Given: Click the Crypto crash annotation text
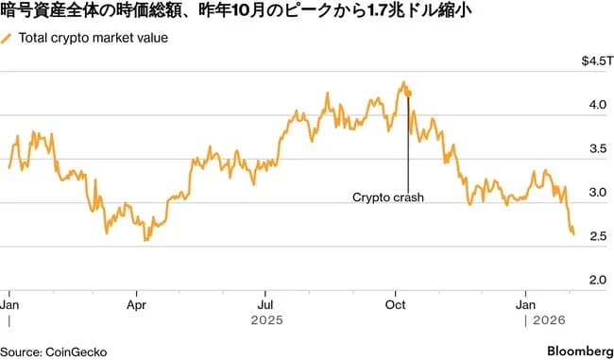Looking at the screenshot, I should (388, 197).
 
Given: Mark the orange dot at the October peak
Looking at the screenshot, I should (408, 93).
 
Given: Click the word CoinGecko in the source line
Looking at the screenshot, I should (75, 351).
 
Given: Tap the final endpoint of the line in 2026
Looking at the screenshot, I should (573, 233).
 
